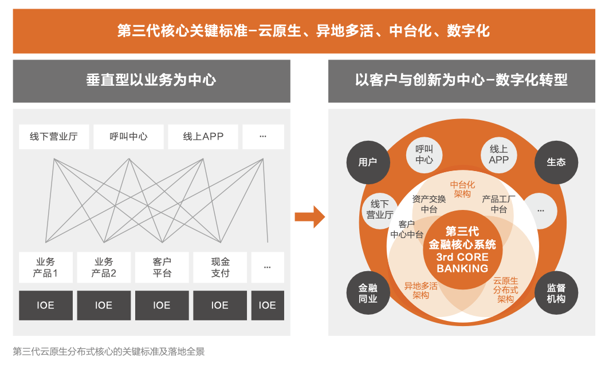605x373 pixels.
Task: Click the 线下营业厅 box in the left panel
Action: [x=54, y=137]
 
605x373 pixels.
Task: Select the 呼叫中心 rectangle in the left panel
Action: [x=128, y=137]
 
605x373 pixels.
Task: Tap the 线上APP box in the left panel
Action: [x=203, y=137]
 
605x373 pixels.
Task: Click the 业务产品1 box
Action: [x=45, y=267]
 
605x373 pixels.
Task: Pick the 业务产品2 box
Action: [x=104, y=267]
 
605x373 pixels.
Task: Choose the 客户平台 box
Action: [x=162, y=267]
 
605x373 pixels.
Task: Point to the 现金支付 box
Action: [x=220, y=267]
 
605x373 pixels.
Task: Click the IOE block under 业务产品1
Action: [x=45, y=305]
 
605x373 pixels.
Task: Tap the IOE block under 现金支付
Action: [x=220, y=305]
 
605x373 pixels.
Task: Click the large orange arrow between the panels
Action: [x=310, y=217]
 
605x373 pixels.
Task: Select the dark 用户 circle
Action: [x=368, y=162]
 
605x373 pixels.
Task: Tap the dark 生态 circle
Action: [x=556, y=162]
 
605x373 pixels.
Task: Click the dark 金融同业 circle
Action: [x=368, y=293]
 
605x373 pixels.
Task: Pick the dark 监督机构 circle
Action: [x=556, y=293]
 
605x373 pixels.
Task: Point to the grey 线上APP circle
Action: [x=499, y=155]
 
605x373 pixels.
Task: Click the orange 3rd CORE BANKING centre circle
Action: [x=462, y=249]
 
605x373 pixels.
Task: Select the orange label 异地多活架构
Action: [x=421, y=291]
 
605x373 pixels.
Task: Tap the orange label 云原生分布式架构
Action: [x=505, y=290]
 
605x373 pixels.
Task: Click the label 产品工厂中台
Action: [x=498, y=204]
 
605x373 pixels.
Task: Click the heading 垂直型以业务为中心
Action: [x=151, y=80]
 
